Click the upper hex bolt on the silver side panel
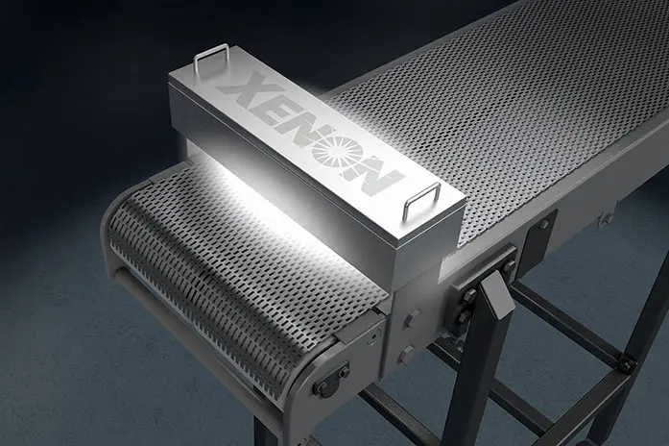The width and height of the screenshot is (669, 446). click(x=412, y=319)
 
